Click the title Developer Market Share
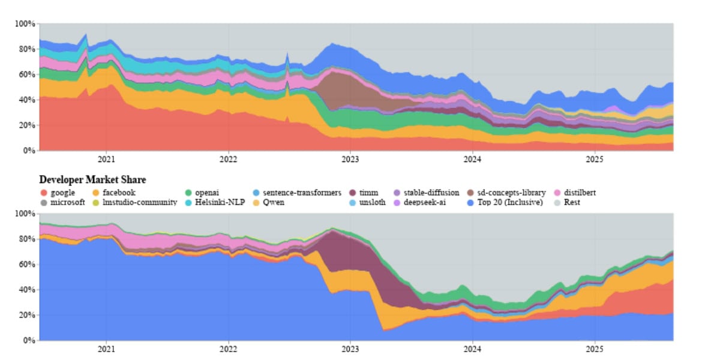coord(92,179)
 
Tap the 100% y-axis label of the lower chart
coord(25,214)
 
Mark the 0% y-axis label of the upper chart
coord(28,151)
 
